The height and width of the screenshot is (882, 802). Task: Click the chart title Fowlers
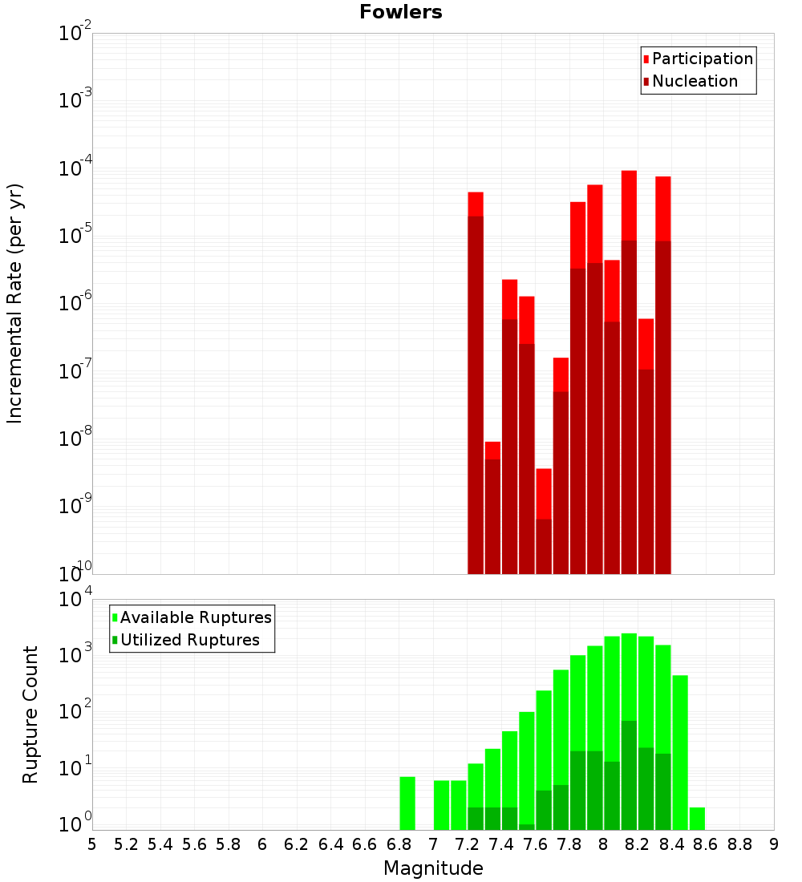click(x=401, y=12)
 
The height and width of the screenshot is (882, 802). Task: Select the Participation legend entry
click(x=698, y=59)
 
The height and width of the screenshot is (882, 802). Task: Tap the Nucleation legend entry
click(x=690, y=82)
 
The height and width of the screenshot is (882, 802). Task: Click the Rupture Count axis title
click(x=30, y=714)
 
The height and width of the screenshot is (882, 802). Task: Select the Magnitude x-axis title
click(x=433, y=868)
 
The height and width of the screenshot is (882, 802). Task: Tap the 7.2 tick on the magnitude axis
click(x=467, y=844)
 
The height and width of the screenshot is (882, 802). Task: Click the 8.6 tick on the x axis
click(x=706, y=844)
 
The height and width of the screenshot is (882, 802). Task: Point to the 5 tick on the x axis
click(x=92, y=844)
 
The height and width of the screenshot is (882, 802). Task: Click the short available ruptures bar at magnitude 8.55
click(x=697, y=819)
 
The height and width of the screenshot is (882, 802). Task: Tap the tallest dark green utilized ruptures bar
click(x=629, y=775)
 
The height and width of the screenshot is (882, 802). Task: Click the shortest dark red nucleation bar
click(x=544, y=546)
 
